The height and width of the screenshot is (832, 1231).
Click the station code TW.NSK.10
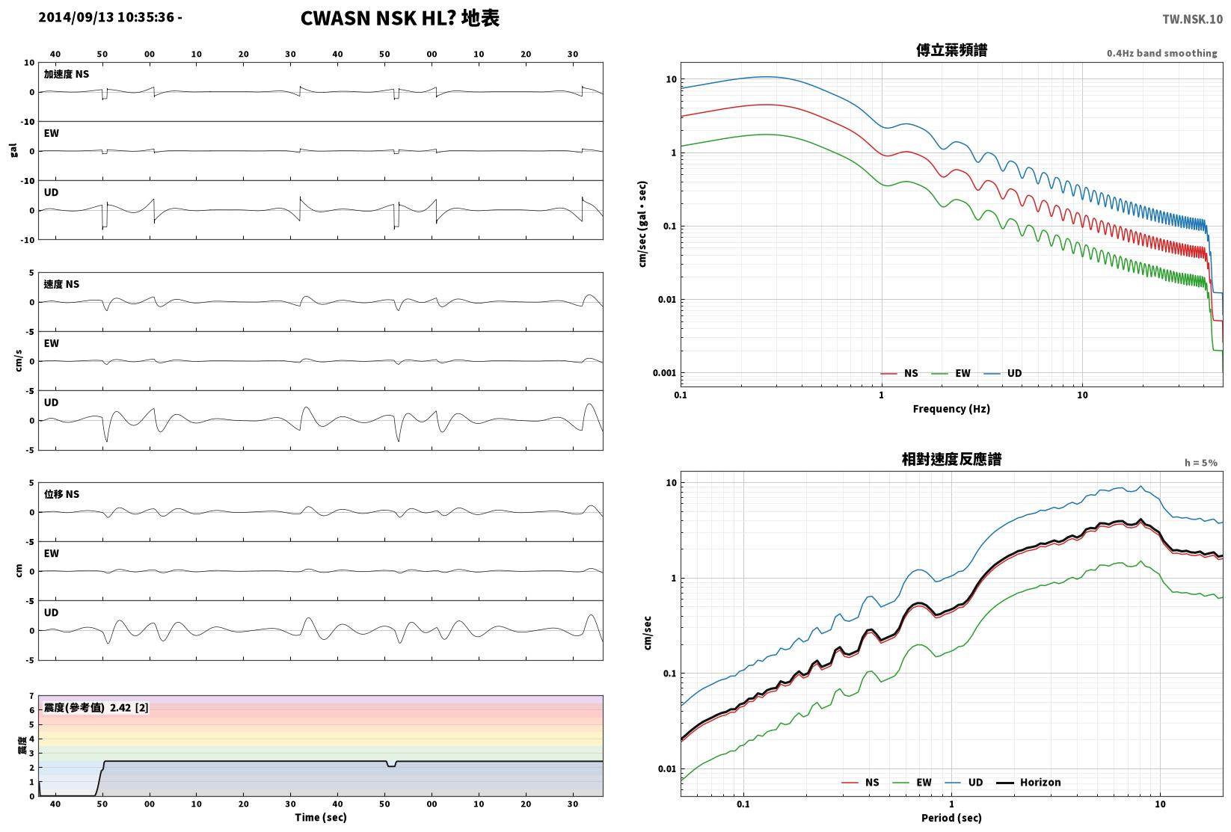(x=1193, y=19)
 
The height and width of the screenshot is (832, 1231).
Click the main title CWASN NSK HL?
(x=378, y=18)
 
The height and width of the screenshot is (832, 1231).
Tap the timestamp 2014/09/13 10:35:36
(x=106, y=17)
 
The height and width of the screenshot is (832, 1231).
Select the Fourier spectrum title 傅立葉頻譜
(x=951, y=50)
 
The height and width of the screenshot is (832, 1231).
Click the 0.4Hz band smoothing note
(x=1161, y=53)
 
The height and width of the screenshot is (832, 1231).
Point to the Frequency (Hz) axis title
(x=951, y=409)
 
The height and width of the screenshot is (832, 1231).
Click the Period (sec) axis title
(x=951, y=818)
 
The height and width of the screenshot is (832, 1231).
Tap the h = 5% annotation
(x=1201, y=463)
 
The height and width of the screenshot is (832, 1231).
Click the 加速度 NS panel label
(x=67, y=74)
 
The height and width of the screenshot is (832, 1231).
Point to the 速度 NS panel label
(x=61, y=284)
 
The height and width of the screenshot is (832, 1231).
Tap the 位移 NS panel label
(x=61, y=494)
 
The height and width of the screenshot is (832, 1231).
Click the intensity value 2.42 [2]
(x=129, y=707)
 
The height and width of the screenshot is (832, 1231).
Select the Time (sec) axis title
(x=320, y=817)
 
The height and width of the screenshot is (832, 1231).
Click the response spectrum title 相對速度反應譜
(x=951, y=459)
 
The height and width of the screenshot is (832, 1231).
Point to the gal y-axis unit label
(x=13, y=150)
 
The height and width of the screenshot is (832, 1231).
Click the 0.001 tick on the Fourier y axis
(x=664, y=374)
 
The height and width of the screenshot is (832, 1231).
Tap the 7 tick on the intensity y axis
(x=32, y=696)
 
